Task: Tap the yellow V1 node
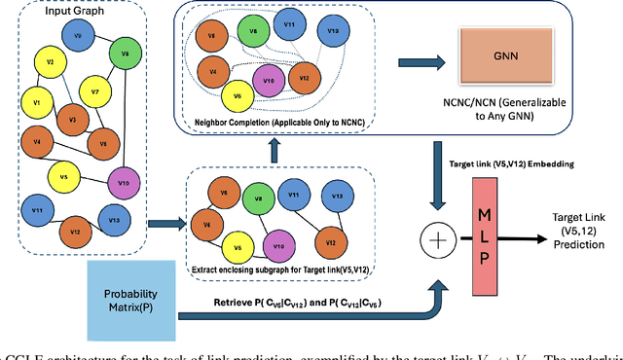[37, 101]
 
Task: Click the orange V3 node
[67, 121]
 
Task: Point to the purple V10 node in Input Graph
[123, 181]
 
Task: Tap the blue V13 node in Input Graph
[114, 221]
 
